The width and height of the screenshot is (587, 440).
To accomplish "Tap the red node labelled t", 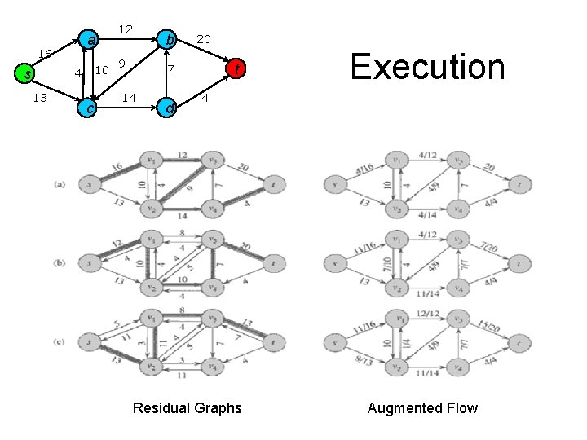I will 236,68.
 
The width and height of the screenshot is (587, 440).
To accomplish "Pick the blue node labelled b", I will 168,39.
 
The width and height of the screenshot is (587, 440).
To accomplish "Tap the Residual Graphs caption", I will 187,408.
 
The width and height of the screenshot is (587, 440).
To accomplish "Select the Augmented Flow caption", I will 422,408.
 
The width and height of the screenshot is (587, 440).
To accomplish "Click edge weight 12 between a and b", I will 126,29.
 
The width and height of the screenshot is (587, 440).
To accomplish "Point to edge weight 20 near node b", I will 204,39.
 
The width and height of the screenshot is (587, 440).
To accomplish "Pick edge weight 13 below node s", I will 38,99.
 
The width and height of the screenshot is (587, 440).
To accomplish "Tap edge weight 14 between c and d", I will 128,99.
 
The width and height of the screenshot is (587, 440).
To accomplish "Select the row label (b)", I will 60,262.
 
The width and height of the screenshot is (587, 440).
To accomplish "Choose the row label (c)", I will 60,341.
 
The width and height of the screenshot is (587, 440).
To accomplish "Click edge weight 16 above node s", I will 45,53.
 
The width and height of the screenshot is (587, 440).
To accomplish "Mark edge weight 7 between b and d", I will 170,72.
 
